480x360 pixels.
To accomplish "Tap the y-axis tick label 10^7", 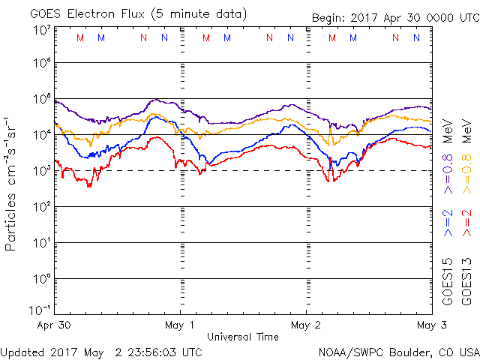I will (41, 30).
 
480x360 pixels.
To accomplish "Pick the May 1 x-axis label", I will (180, 325).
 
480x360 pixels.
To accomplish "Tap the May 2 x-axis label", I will (306, 325).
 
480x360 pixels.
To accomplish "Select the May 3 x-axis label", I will (430, 325).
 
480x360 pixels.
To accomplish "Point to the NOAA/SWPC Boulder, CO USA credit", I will (398, 351).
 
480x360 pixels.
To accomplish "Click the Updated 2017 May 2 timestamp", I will (101, 351).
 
